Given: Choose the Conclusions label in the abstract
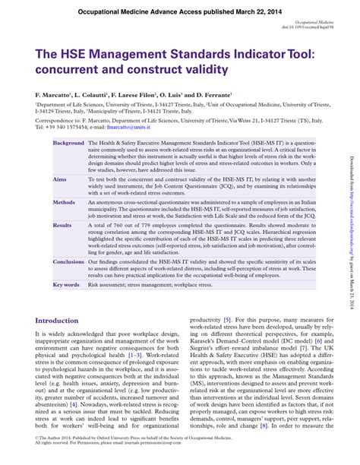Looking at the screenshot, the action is click(68, 261).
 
